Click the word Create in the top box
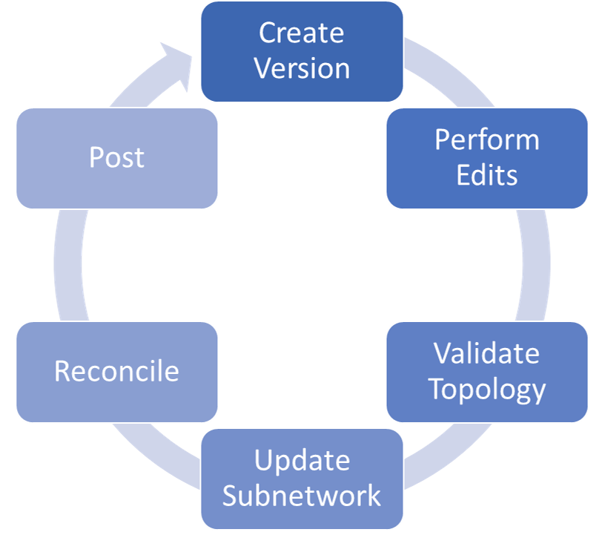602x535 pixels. pyautogui.click(x=301, y=33)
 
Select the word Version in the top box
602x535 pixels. pyautogui.click(x=301, y=68)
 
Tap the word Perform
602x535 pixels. pyautogui.click(x=486, y=140)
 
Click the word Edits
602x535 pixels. pyautogui.click(x=486, y=175)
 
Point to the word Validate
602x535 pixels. pyautogui.click(x=486, y=354)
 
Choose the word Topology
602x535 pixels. pyautogui.click(x=487, y=389)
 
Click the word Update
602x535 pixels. pyautogui.click(x=302, y=461)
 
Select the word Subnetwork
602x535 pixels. pyautogui.click(x=302, y=496)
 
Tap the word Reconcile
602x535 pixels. pyautogui.click(x=116, y=371)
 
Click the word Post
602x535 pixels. pyautogui.click(x=116, y=157)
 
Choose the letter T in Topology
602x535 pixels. pyautogui.click(x=438, y=388)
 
